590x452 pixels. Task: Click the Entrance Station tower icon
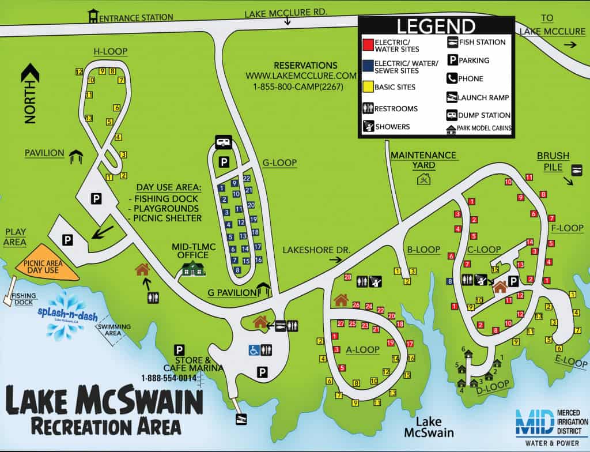(x=93, y=16)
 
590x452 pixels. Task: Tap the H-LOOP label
(x=111, y=52)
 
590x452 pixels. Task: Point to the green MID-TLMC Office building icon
(x=194, y=268)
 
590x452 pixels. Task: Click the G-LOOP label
(x=279, y=163)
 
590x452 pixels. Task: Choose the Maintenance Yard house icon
(x=423, y=179)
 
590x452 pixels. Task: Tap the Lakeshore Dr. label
(x=308, y=249)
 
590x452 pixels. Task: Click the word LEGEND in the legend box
(x=436, y=27)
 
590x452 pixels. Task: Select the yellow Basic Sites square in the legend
(x=366, y=87)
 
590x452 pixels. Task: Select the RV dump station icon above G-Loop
(x=223, y=142)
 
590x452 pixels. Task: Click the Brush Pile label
(x=553, y=161)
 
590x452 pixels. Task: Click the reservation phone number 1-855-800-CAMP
(x=294, y=86)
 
